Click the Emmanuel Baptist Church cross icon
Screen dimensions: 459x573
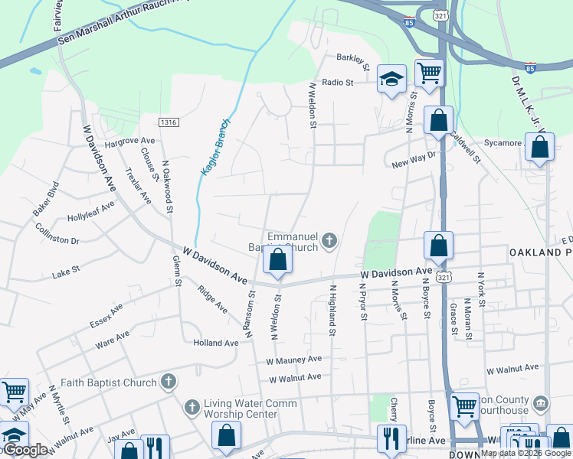point(329,242)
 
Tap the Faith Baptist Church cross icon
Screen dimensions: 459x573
point(169,381)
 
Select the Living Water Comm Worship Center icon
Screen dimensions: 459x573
point(192,405)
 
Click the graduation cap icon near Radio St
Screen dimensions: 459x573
point(391,79)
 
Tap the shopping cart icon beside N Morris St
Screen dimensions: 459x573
point(429,73)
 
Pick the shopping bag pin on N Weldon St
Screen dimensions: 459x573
point(278,261)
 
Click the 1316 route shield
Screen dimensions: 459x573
point(169,122)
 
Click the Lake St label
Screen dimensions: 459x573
point(61,274)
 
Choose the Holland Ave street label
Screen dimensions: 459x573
point(216,343)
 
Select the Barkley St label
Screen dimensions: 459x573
point(353,58)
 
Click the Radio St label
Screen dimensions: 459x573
point(337,82)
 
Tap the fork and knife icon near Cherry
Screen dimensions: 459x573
point(391,438)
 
